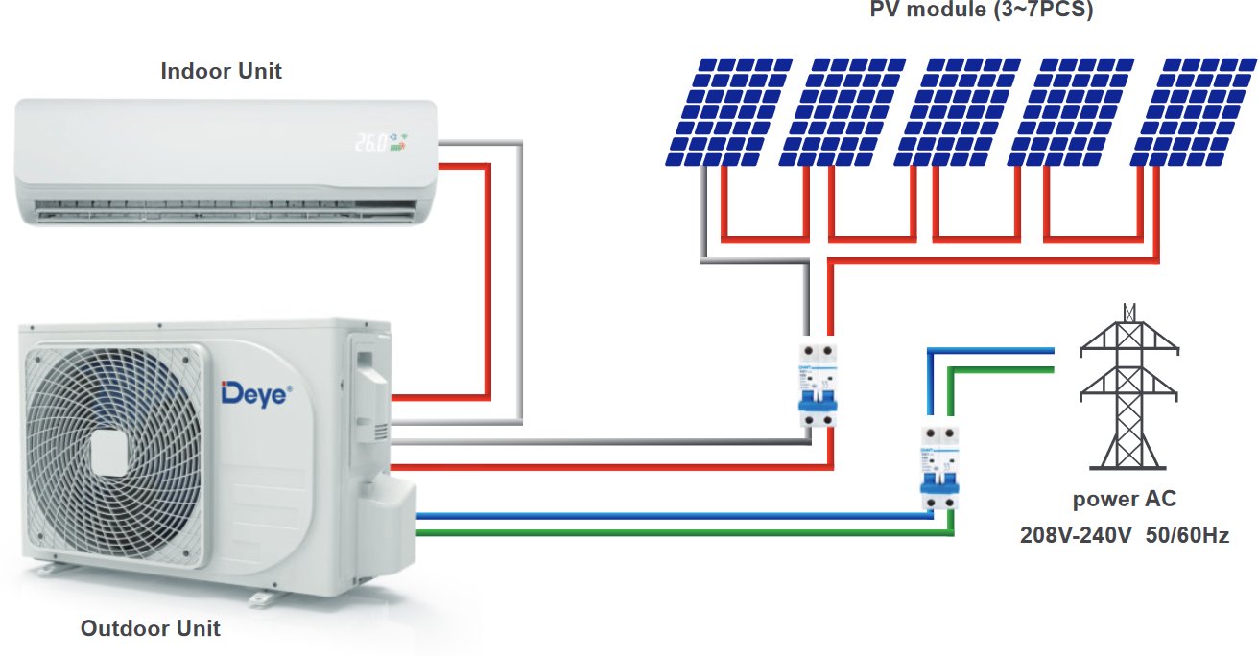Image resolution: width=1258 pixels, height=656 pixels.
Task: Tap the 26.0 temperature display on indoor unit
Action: click(371, 143)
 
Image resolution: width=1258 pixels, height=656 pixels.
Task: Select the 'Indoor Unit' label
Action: click(222, 71)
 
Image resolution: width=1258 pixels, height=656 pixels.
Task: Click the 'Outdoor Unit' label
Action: click(151, 629)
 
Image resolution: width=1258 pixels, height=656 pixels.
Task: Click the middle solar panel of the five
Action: click(960, 110)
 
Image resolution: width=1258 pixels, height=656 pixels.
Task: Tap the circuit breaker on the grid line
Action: click(939, 467)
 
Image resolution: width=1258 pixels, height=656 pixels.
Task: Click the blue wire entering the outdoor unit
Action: click(672, 517)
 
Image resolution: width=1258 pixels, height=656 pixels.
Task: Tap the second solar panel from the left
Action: click(843, 110)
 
